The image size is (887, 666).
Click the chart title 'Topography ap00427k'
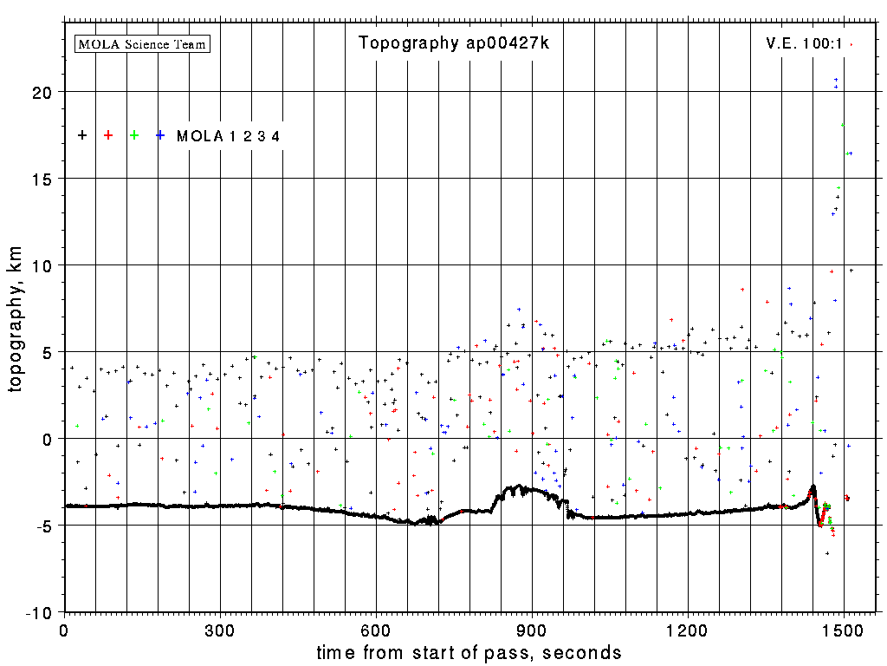(x=454, y=43)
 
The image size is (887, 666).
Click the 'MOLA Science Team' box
(x=143, y=43)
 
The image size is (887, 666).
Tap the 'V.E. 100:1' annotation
(x=804, y=43)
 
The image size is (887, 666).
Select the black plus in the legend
(x=82, y=135)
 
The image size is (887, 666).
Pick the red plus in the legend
(x=108, y=135)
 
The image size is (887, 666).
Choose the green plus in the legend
(x=134, y=135)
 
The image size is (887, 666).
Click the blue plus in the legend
(x=160, y=135)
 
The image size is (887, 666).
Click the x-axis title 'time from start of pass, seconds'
(x=469, y=652)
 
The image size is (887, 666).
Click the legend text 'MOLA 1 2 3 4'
(x=228, y=136)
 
